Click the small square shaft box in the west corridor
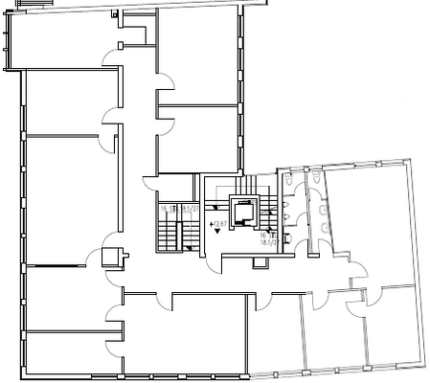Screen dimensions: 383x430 (112, 256)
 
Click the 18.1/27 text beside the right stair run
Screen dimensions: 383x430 (267, 243)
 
